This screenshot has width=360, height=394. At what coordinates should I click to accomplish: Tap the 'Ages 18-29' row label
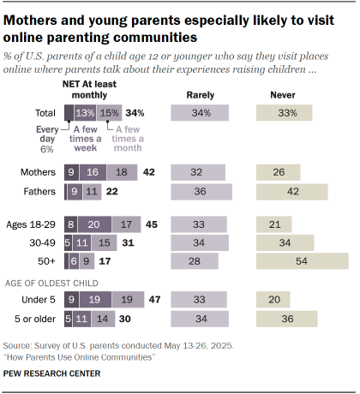point(33,224)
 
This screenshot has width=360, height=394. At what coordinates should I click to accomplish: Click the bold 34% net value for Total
point(134,112)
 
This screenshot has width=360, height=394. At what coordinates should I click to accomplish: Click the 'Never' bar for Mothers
point(279,171)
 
